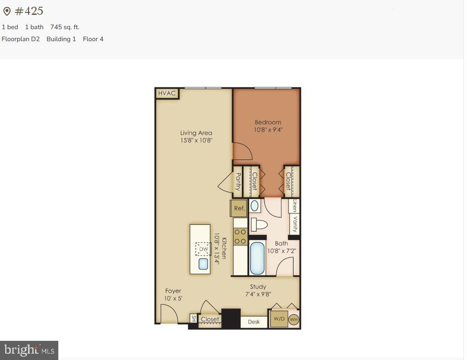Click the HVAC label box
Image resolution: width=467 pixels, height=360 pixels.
pos(167,94)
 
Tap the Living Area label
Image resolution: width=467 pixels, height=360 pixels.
pos(196,133)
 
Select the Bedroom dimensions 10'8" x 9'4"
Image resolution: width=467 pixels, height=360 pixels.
pos(268,130)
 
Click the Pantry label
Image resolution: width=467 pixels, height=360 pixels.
pos(238,182)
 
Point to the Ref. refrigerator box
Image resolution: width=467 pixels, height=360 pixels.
pos(239,208)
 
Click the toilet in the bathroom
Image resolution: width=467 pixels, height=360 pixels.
pos(259,224)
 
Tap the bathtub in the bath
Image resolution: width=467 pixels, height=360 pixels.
pos(257,258)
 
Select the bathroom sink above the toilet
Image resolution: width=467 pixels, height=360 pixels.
pos(255,206)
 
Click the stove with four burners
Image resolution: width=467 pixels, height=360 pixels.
pos(240,237)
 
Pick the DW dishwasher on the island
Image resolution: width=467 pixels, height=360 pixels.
pos(203,249)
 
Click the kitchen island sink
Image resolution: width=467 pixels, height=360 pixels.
pos(203,264)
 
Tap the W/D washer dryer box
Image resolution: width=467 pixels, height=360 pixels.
pos(279,319)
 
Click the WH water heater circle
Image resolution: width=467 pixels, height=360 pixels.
pos(294,319)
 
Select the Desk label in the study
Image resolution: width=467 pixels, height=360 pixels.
pos(254,322)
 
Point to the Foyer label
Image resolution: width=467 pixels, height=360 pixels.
pos(173,291)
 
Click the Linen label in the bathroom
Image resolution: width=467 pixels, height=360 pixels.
pos(295,206)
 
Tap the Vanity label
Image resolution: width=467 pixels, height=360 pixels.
pos(295,224)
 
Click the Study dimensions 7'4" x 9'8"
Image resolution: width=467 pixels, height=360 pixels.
pos(258,294)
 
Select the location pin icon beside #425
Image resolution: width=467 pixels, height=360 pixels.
pos(7,11)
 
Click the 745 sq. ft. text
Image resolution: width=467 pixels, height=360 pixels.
pos(65,27)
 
